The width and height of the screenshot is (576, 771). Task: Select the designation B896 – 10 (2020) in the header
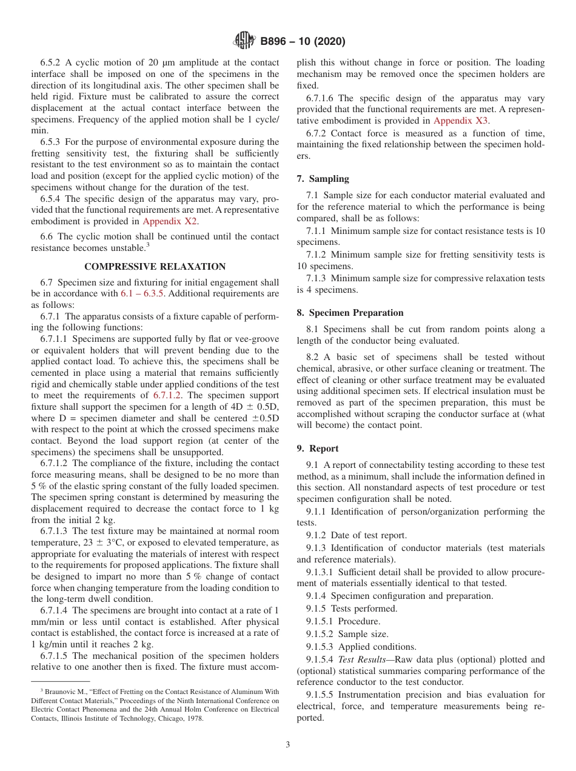tap(303, 41)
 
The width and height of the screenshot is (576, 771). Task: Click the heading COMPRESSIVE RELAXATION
tap(155, 267)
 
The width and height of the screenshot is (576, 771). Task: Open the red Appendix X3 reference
tap(461, 121)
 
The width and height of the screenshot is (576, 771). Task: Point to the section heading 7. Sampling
tap(323, 179)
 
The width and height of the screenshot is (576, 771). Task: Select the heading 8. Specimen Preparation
tap(350, 313)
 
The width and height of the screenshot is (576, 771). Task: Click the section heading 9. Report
tap(318, 449)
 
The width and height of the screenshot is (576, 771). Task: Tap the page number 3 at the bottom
tap(288, 744)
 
